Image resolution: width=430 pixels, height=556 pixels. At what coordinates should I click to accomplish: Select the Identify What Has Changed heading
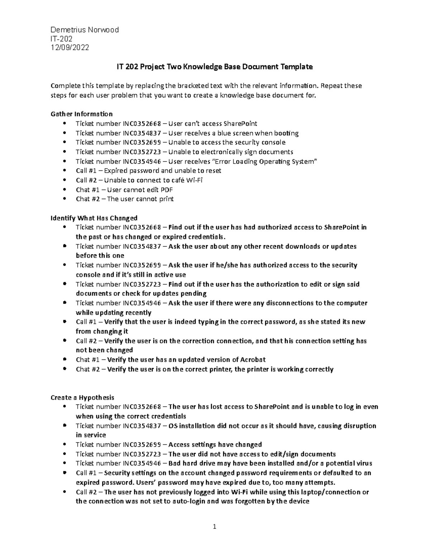pyautogui.click(x=94, y=218)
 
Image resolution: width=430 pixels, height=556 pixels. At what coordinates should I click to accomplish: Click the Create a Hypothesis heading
pyautogui.click(x=82, y=397)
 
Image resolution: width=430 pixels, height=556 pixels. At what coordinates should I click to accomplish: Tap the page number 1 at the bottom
pyautogui.click(x=215, y=526)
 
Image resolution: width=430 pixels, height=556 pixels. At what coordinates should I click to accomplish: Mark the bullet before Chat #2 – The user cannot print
pyautogui.click(x=64, y=199)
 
